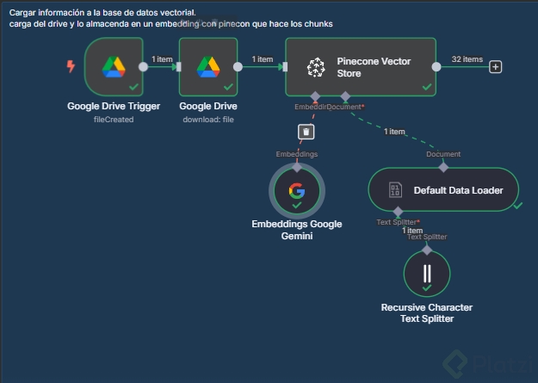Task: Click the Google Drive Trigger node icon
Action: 114,65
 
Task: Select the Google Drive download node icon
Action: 207,65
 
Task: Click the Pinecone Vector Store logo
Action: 317,66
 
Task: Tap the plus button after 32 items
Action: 496,66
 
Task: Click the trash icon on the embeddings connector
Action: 306,131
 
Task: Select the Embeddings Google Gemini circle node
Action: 297,191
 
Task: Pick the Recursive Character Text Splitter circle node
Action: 427,274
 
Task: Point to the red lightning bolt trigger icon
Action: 71,66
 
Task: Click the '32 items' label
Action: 467,59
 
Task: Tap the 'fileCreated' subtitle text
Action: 114,119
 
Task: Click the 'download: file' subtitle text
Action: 208,119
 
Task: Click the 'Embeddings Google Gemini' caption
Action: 297,230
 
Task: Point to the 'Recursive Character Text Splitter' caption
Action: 427,313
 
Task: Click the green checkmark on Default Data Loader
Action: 517,205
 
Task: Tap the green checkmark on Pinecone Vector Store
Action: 427,86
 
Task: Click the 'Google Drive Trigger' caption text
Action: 114,106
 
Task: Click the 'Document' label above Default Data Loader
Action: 443,154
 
